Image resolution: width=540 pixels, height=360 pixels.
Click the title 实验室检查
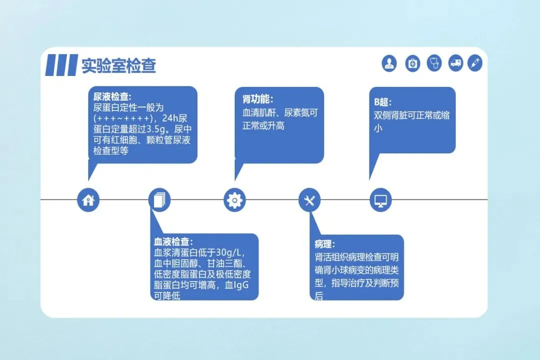[119, 65]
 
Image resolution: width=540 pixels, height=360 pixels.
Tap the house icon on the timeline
[88, 200]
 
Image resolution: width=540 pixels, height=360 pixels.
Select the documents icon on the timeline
[159, 200]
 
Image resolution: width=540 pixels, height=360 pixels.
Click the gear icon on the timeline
[234, 200]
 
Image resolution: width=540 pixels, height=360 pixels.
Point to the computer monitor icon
[380, 200]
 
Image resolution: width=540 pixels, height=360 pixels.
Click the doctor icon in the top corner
[389, 63]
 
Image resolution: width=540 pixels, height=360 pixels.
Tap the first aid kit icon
[412, 63]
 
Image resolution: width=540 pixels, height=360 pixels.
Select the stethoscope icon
[434, 63]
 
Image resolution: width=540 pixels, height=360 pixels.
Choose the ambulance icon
[455, 63]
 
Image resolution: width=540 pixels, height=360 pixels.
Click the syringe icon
[474, 63]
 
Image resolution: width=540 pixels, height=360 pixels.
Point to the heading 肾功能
[257, 99]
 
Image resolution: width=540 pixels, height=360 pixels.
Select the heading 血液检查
[173, 242]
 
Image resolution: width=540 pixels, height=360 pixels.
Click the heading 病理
[324, 244]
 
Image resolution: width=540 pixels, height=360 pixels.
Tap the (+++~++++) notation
[121, 118]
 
